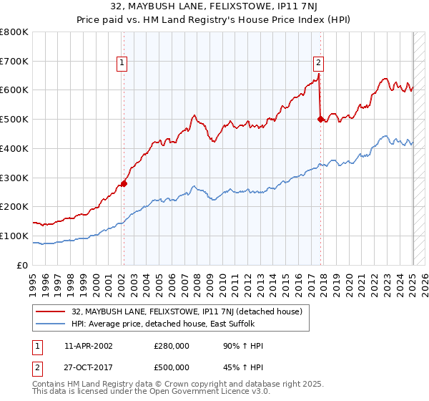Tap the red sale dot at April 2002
point(124,183)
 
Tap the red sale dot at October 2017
point(320,120)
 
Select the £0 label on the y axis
point(23,265)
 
